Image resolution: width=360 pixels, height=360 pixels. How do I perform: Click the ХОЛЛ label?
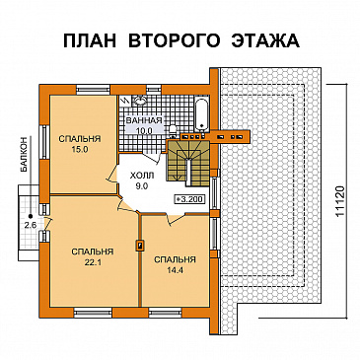tap(142, 171)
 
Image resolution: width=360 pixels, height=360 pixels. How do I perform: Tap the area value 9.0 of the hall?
tap(142, 182)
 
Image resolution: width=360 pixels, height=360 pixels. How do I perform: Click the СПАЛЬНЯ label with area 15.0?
tap(74, 138)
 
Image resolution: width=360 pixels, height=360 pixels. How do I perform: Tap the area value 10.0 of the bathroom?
tap(144, 130)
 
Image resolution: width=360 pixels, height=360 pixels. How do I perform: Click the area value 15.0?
tap(74, 150)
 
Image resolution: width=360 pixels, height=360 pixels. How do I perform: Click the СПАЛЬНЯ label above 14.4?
tap(175, 258)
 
